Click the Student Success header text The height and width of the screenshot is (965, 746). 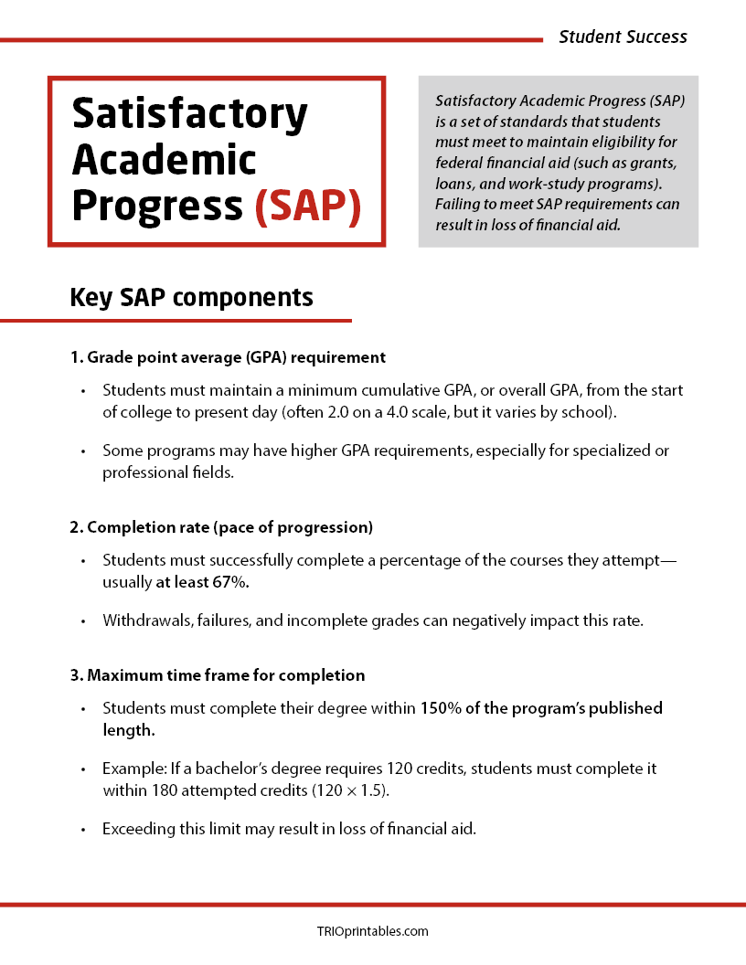click(x=623, y=37)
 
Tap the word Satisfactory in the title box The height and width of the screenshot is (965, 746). click(x=189, y=114)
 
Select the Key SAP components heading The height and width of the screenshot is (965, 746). click(x=191, y=298)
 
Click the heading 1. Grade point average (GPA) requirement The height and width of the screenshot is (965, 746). click(x=228, y=357)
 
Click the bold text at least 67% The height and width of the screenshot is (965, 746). click(x=202, y=581)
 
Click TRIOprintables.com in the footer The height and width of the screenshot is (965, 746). click(x=372, y=931)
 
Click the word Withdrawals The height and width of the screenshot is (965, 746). click(x=144, y=621)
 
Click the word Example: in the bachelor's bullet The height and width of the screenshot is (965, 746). click(x=133, y=769)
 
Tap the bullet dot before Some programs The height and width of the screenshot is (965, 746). click(x=82, y=451)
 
